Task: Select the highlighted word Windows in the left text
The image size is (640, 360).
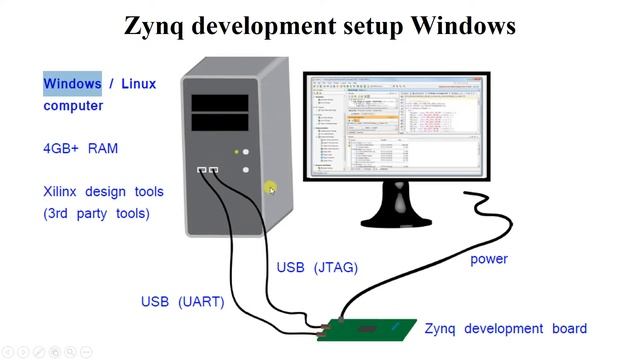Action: (72, 83)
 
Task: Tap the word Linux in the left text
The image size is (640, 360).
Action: (138, 83)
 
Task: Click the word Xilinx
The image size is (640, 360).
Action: (60, 191)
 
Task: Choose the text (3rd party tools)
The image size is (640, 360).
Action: (96, 213)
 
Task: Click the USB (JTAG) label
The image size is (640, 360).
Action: (316, 267)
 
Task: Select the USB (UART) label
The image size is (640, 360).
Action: (182, 301)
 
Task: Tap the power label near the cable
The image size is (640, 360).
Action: (489, 259)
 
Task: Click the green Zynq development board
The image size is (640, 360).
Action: (366, 329)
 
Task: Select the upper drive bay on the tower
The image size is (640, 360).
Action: (221, 102)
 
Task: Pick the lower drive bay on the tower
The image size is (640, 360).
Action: (221, 123)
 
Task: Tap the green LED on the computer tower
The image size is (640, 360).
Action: (237, 152)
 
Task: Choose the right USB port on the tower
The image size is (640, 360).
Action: (213, 171)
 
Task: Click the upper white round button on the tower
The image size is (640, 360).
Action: (246, 152)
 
